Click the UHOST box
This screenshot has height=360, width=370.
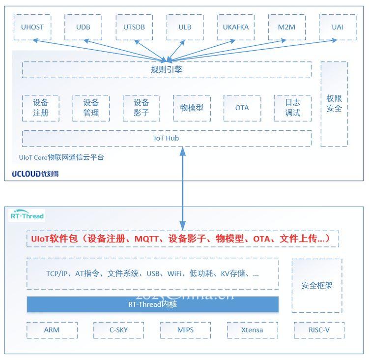pos(32,27)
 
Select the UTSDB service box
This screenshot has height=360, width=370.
pos(134,27)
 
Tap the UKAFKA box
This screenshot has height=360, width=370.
pos(236,27)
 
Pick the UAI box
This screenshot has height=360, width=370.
pos(338,27)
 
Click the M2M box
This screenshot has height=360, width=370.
pos(286,27)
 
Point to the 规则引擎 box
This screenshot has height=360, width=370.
pos(167,70)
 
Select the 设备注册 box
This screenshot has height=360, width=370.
pos(41,108)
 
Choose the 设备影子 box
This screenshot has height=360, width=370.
pos(142,108)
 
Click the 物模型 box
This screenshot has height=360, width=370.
pos(192,108)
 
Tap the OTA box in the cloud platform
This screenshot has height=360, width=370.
pos(242,108)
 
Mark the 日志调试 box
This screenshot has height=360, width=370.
pos(292,108)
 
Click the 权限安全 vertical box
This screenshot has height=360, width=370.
pos(334,104)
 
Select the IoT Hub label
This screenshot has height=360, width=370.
pos(167,138)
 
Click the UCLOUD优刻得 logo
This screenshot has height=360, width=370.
pos(35,174)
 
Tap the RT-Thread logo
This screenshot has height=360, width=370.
pos(27,215)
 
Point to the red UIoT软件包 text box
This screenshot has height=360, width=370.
pos(183,239)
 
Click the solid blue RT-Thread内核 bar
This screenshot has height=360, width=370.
pos(153,304)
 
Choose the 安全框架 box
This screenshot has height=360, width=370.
pos(317,286)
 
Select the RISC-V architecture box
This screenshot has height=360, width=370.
pos(319,330)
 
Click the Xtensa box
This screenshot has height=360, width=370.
pos(252,330)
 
